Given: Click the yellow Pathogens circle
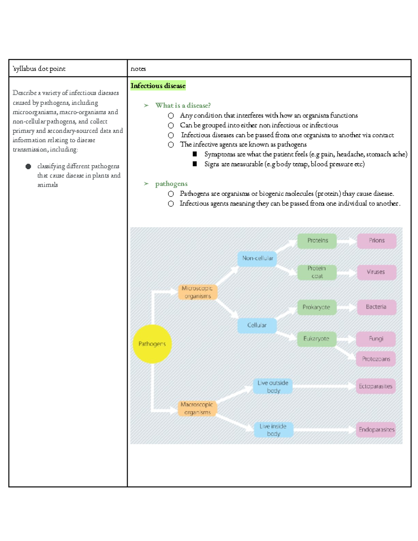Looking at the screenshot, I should [152, 344].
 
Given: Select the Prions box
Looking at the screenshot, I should [377, 241].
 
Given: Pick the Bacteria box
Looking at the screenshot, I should [377, 307].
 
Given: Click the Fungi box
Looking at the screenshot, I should [376, 339].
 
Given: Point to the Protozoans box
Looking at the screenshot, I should [376, 359].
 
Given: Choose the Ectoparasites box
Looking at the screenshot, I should [376, 386].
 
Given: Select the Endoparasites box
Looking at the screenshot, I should [376, 430].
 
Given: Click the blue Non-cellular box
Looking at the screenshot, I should [257, 258].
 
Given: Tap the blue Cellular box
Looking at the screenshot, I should [257, 325].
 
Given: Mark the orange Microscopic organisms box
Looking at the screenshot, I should [198, 292].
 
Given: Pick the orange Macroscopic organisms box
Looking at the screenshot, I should [197, 408].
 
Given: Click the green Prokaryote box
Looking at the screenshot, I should [317, 307].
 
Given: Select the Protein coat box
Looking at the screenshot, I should [317, 272].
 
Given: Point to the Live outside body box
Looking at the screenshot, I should [273, 386].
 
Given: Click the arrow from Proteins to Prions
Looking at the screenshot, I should [347, 241].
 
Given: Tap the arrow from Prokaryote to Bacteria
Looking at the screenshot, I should [347, 307].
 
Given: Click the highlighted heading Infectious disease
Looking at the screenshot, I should [158, 86].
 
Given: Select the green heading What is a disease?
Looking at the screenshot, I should [183, 105].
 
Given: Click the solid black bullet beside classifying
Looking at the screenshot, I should [28, 167].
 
